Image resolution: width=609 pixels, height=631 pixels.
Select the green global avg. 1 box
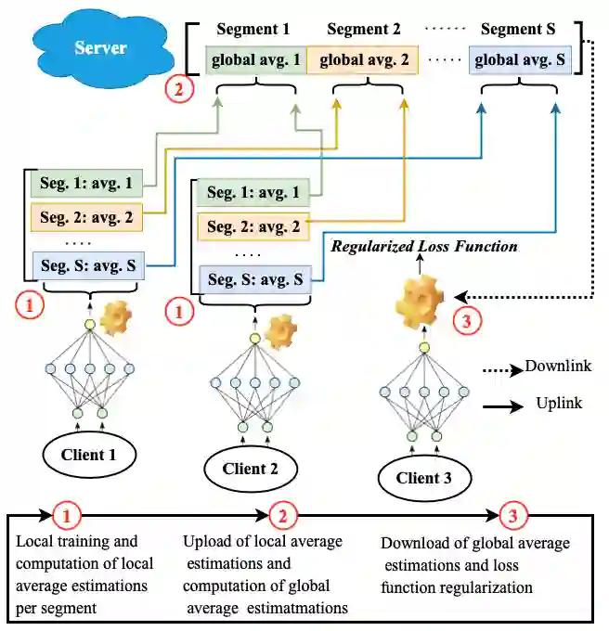tap(256, 61)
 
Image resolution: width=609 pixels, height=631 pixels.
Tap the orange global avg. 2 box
tap(362, 61)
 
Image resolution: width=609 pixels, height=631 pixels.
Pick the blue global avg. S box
tap(519, 61)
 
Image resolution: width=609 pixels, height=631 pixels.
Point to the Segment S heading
tap(519, 30)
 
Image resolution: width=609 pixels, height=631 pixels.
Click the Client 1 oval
tap(89, 455)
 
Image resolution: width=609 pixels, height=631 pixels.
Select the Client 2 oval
tap(251, 469)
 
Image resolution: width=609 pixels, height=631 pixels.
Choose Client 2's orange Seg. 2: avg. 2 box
tap(253, 226)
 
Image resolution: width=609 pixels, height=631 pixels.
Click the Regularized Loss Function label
tap(425, 247)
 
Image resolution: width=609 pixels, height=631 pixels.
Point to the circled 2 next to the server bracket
tap(175, 90)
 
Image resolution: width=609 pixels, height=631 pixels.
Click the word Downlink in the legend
tap(558, 367)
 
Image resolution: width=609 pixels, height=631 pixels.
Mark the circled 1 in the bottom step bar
tap(66, 515)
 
